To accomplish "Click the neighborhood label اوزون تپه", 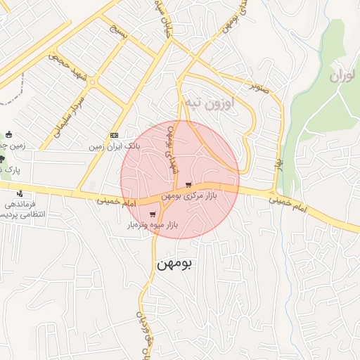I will pyautogui.click(x=209, y=103).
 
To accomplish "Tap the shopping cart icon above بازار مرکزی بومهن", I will pyautogui.click(x=188, y=185).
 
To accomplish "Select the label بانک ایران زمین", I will pyautogui.click(x=115, y=147).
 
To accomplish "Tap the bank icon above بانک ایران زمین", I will pyautogui.click(x=115, y=136).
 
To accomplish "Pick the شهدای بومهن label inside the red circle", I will pyautogui.click(x=170, y=153).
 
